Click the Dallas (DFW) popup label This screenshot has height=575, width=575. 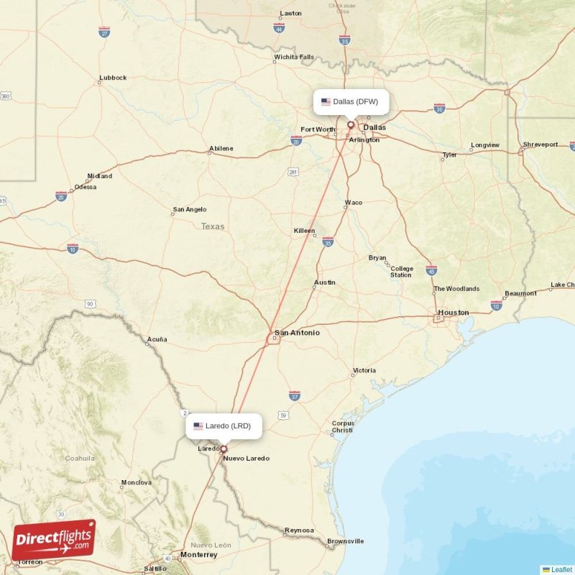351,101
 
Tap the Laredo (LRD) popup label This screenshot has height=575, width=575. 224,425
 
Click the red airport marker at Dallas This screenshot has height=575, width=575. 351,124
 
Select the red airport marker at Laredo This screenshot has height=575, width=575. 224,448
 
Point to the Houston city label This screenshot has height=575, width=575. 453,313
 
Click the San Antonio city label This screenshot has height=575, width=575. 296,333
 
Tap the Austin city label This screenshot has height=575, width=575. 324,282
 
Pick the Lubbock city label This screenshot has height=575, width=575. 113,78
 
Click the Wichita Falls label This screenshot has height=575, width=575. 293,57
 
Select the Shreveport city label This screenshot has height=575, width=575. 540,144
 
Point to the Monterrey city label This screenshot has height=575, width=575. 199,555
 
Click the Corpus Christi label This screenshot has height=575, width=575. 342,426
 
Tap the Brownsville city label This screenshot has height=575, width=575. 345,541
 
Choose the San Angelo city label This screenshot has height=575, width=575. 189,210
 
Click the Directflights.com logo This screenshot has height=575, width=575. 54,540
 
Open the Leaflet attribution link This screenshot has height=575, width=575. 561,569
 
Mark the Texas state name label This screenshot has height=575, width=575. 213,226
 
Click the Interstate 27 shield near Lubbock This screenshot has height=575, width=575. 104,32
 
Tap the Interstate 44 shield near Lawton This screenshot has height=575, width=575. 279,28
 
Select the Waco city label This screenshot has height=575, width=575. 354,203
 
